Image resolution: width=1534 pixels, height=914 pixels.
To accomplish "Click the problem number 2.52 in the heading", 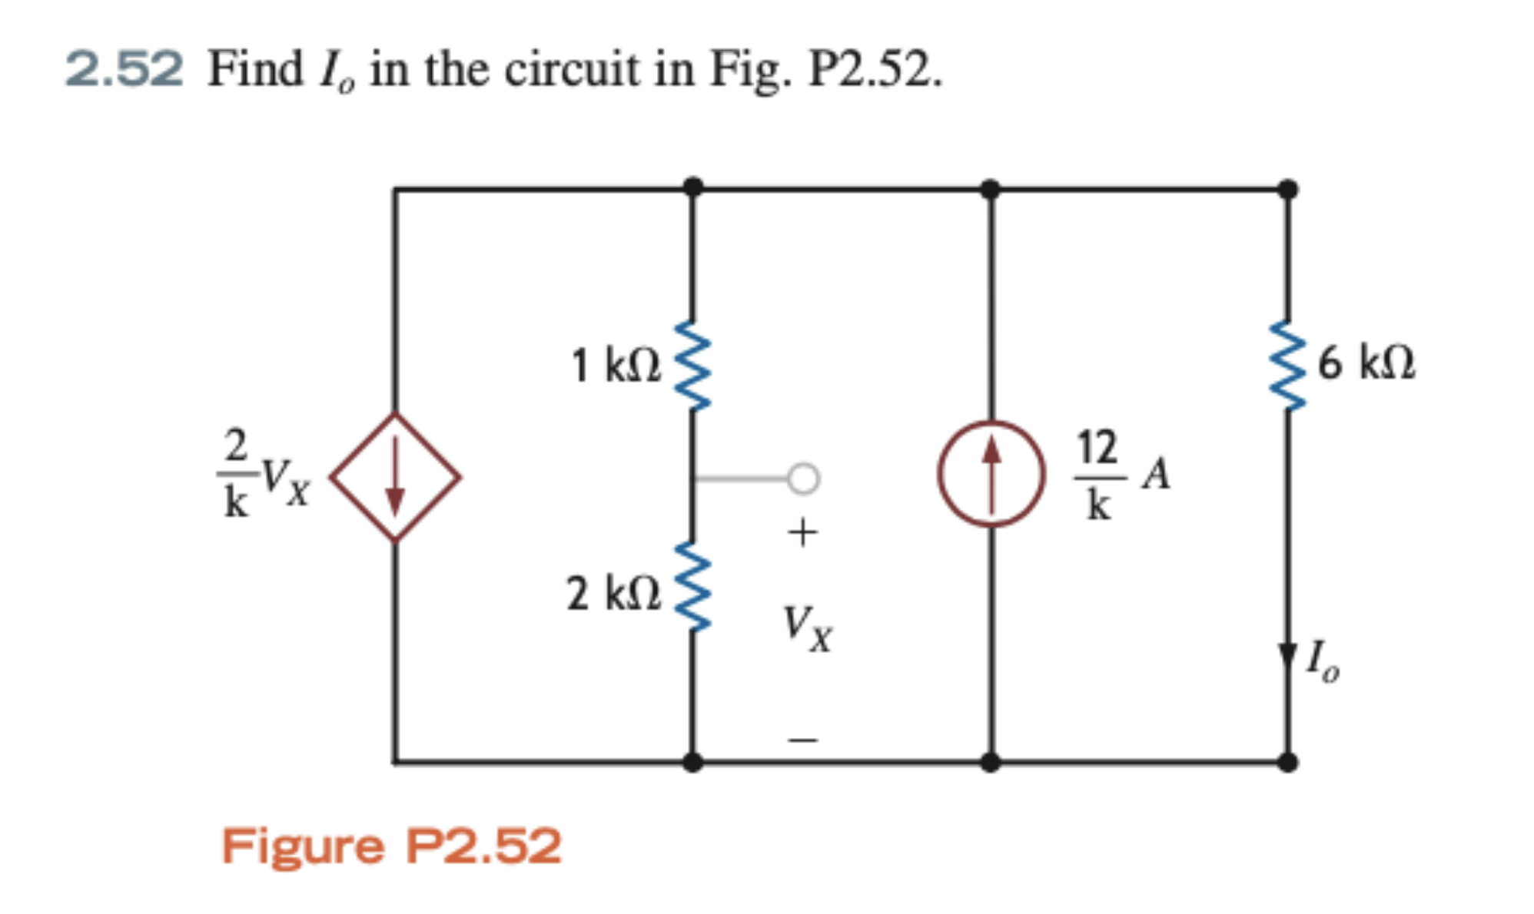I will point(125,69).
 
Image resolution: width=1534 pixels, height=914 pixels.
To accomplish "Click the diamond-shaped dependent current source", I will point(395,477).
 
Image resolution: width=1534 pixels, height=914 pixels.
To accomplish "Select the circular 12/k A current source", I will point(991,474).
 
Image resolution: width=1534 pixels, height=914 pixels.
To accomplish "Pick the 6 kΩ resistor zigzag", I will point(1288,366).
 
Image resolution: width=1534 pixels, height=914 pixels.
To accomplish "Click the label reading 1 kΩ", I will point(615,366).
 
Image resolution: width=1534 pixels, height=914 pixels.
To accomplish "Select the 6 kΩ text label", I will point(1366,363).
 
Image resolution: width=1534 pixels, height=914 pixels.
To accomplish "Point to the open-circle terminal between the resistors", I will point(803,479).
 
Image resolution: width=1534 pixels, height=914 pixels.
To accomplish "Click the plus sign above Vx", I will point(802,532).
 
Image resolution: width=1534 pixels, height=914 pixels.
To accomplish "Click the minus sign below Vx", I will point(802,740).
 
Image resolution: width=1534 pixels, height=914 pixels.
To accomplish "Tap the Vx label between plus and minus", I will point(807,628).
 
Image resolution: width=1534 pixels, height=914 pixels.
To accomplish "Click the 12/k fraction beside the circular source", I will point(1097,475).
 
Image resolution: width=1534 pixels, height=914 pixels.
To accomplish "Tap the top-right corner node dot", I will point(1288,189).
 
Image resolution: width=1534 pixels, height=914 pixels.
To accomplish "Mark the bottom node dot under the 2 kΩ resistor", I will point(692,762).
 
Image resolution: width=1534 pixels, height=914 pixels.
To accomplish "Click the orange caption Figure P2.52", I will point(391,846).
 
